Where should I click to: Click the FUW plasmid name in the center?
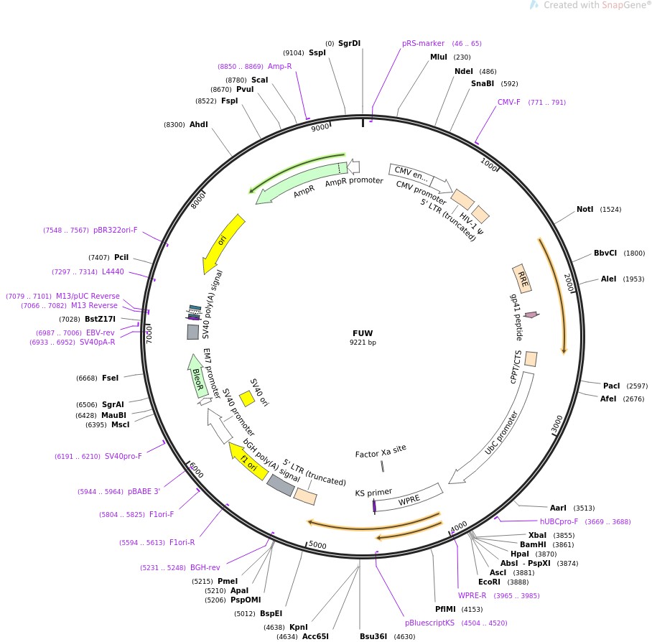click(x=363, y=333)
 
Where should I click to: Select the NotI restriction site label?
click(x=585, y=210)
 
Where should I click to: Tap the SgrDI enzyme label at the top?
click(x=350, y=43)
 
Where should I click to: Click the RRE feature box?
click(x=522, y=278)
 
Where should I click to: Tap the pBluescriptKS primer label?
click(x=429, y=623)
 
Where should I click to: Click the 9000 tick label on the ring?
click(x=320, y=127)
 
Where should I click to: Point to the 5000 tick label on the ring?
click(x=317, y=546)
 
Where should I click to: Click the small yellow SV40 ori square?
click(x=246, y=398)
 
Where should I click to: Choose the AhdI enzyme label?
click(x=198, y=124)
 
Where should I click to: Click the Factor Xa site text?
click(x=381, y=452)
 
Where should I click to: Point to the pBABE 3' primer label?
click(x=144, y=491)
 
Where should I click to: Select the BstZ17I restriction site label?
click(x=100, y=319)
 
